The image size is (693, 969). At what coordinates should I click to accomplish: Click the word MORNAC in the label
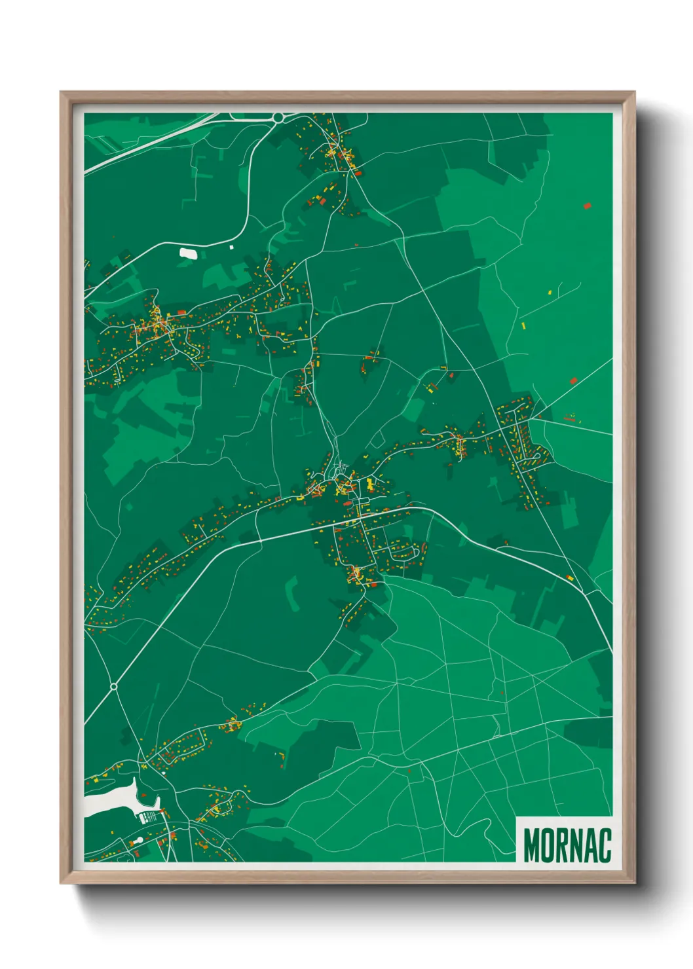coord(567,845)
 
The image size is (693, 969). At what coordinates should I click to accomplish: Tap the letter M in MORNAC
coord(532,845)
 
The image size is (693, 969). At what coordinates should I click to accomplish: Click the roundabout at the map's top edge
coord(278,118)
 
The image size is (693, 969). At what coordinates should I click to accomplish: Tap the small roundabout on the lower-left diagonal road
coord(113,686)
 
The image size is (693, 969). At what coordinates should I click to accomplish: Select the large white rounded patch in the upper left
coord(187,252)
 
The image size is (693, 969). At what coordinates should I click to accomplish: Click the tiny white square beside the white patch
coord(231,247)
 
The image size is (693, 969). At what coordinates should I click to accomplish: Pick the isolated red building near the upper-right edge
coord(587,206)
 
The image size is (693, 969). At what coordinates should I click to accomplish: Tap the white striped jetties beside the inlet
coord(150,816)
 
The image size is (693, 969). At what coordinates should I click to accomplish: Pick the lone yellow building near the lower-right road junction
coord(569,578)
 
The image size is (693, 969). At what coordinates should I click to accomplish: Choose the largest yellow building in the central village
coord(370,485)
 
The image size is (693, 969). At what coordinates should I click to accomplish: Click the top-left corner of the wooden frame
coord(61,92)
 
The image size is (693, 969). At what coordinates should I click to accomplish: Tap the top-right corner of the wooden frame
coord(635,92)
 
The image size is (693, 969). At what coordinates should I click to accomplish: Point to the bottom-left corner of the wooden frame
coord(61,883)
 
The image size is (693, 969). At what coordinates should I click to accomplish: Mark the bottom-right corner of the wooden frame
coord(635,883)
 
